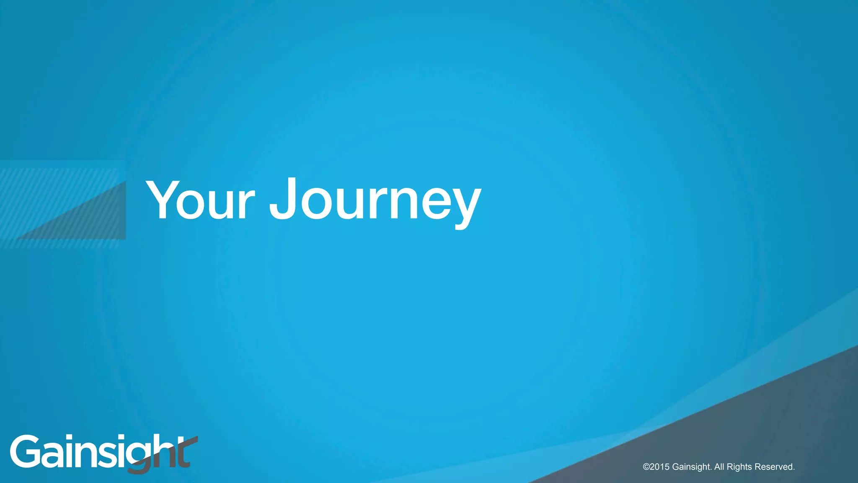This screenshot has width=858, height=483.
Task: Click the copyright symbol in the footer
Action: click(x=646, y=467)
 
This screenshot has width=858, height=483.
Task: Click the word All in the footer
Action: click(x=719, y=467)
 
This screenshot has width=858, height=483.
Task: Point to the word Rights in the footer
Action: click(x=739, y=467)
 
